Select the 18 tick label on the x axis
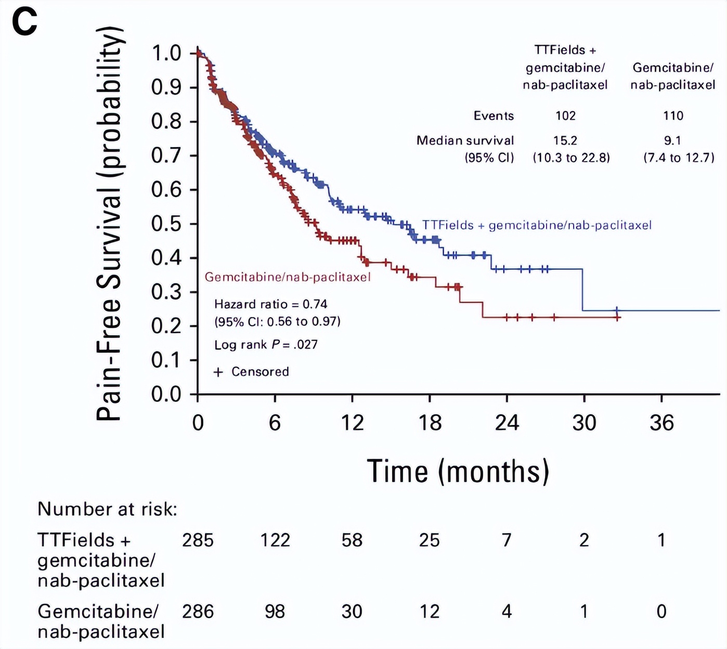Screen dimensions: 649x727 click(x=430, y=422)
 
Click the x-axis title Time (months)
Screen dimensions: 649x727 click(x=458, y=471)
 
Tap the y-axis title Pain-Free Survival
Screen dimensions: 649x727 click(x=110, y=224)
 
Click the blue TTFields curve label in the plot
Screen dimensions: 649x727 click(x=536, y=225)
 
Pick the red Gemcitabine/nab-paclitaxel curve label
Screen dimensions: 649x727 click(x=288, y=277)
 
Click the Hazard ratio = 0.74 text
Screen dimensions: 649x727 click(x=270, y=304)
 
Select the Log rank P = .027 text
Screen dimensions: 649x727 click(x=266, y=344)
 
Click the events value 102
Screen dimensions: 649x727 click(x=565, y=115)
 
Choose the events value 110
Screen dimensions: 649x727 click(x=673, y=115)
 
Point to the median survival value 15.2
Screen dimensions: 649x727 click(x=565, y=140)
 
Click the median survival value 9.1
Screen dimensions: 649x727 click(x=672, y=140)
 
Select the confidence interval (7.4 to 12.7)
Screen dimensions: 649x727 click(x=679, y=158)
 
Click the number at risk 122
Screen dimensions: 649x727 click(x=275, y=540)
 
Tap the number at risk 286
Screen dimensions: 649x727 click(x=198, y=612)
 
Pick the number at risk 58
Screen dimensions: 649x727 click(x=352, y=540)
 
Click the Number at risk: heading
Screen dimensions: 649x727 click(x=108, y=509)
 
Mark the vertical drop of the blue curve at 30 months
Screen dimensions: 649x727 click(x=582, y=290)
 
